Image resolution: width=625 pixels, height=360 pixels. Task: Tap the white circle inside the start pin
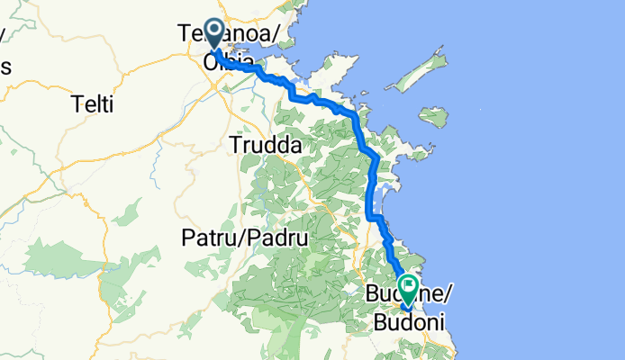(214, 30)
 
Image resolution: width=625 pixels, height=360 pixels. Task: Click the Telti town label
(93, 105)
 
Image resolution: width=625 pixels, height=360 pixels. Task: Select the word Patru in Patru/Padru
(212, 239)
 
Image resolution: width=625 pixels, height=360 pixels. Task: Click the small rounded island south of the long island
(433, 117)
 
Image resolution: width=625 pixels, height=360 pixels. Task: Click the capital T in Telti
(76, 105)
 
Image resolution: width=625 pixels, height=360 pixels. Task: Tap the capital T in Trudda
(237, 144)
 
